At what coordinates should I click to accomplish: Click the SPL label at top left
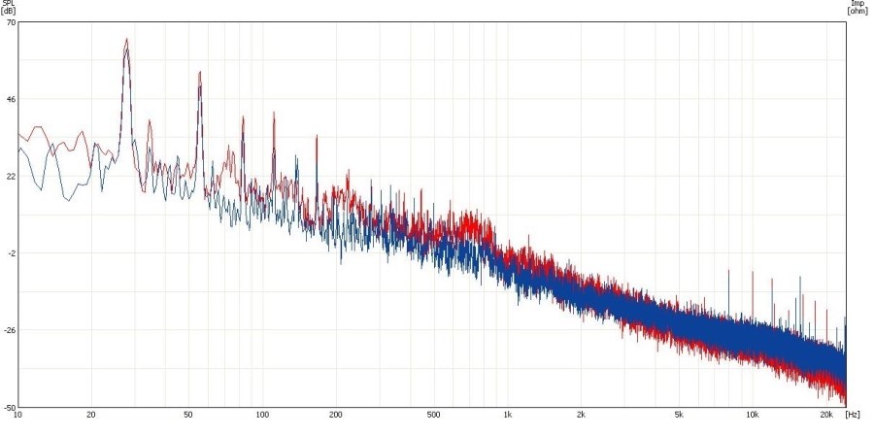click(x=7, y=4)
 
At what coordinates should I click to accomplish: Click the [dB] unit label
click(x=8, y=11)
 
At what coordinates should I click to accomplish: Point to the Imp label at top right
click(x=857, y=4)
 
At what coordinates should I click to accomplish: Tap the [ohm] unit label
click(x=857, y=11)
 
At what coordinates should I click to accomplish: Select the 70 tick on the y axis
click(x=10, y=22)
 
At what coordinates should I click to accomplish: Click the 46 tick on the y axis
click(x=10, y=99)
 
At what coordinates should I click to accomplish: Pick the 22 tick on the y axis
click(x=10, y=176)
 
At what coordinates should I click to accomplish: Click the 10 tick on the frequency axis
click(x=17, y=416)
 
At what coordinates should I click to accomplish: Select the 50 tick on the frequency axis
click(x=188, y=416)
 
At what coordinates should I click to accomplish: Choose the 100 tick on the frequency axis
click(x=262, y=416)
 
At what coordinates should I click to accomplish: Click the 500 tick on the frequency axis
click(x=433, y=416)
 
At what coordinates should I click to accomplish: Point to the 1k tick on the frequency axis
click(x=507, y=416)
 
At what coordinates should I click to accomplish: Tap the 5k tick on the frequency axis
click(x=678, y=416)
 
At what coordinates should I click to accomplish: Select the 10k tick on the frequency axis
click(x=752, y=416)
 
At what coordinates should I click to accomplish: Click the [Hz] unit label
click(x=852, y=416)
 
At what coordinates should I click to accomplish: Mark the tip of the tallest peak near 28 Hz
click(x=126, y=39)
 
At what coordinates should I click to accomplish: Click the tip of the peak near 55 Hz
click(x=200, y=71)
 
